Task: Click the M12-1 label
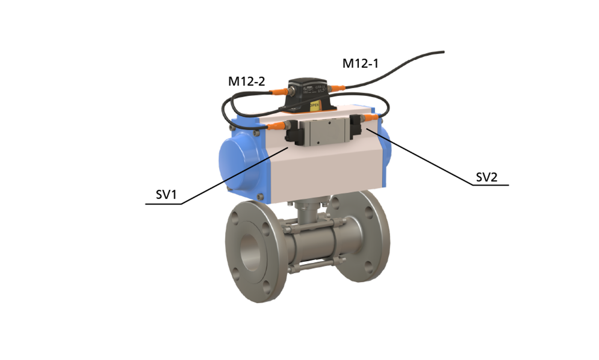[361, 63]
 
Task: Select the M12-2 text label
[246, 81]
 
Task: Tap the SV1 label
[166, 195]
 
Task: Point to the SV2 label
[487, 177]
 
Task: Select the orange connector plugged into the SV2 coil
[371, 117]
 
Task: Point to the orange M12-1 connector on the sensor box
[337, 88]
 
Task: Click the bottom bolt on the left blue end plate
[260, 196]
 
